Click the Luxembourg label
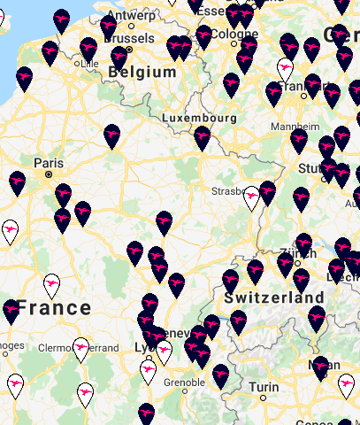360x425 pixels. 199,117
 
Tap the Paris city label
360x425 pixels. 50,163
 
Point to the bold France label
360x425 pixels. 54,308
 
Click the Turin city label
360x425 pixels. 263,387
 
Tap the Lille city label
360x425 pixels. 88,64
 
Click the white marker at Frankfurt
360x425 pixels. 286,68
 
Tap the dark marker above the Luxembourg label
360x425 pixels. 203,135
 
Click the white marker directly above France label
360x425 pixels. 52,285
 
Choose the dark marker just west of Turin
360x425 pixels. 220,376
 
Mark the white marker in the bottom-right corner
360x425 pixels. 347,385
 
